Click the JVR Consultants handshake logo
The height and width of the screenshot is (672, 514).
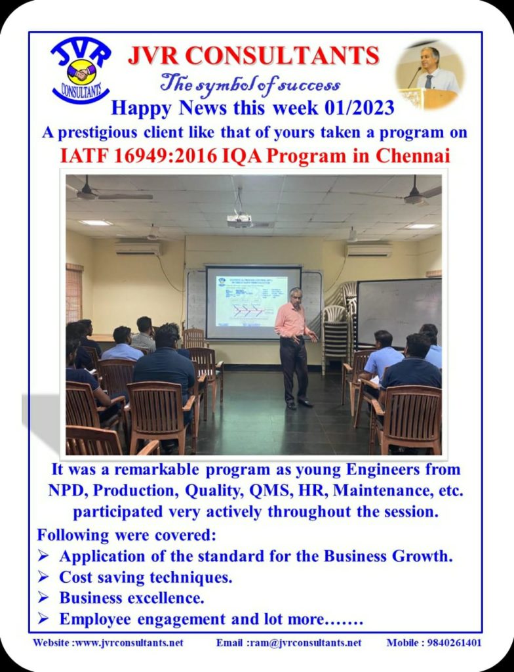(81, 70)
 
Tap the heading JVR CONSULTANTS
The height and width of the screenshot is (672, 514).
(254, 56)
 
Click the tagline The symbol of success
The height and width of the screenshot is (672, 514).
(250, 83)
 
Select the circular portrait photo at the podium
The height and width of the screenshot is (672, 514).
(429, 73)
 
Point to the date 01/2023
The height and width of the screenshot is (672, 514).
(359, 108)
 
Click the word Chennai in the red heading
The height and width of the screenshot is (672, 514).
(413, 155)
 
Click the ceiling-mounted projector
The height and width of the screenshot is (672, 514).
(239, 220)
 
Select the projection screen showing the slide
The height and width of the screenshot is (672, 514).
(253, 302)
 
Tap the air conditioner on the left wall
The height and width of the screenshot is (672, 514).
(138, 248)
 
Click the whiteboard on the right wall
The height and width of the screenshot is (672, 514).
(399, 312)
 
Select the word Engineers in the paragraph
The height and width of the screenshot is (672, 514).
(383, 470)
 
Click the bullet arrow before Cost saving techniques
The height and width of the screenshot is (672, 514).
(43, 577)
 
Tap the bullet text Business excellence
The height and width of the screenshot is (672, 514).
(132, 598)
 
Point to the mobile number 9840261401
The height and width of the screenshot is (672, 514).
(454, 643)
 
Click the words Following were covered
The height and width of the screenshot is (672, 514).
(127, 535)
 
